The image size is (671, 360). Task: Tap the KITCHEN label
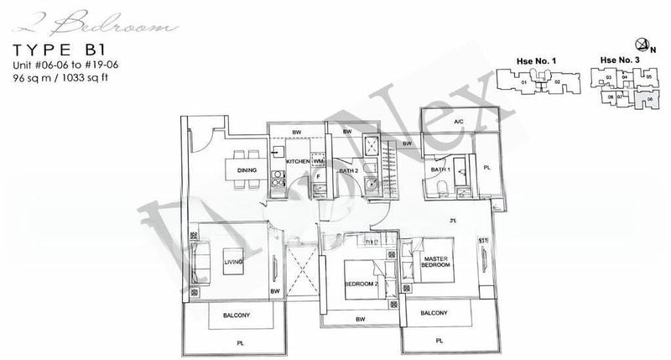[298, 160]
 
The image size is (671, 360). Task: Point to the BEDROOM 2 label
[362, 284]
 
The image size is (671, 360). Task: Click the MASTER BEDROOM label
[438, 261]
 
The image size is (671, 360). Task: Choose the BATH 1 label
[440, 170]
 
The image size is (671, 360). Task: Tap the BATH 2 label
[349, 170]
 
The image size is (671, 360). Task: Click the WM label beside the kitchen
[319, 160]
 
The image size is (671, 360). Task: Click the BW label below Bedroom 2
[361, 320]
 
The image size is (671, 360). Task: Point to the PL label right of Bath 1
[488, 167]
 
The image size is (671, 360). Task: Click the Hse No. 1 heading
[532, 60]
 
